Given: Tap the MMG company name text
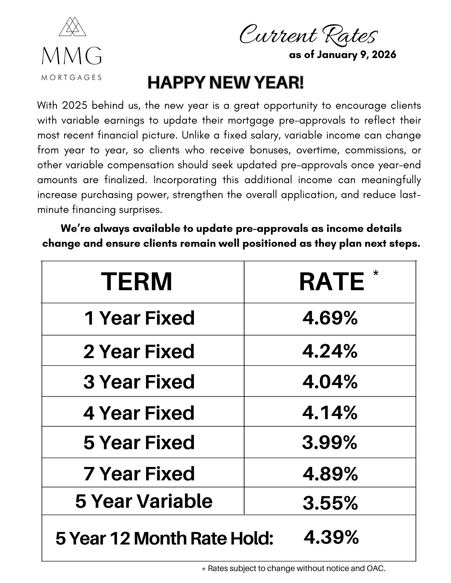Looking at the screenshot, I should click(72, 57).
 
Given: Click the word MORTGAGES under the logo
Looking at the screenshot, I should click(72, 78).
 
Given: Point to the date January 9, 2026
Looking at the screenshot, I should click(356, 55).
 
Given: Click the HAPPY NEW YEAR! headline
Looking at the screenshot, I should click(225, 83).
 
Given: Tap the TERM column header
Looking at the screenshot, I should click(136, 281).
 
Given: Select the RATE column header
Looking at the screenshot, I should click(332, 281).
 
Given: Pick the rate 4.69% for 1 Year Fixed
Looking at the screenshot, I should click(330, 318).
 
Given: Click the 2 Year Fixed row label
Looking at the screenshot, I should click(139, 351).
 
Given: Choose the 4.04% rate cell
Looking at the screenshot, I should click(330, 382).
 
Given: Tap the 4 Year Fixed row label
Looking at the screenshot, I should click(139, 413).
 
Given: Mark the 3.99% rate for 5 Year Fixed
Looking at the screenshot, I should click(330, 442).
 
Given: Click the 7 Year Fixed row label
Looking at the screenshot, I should click(139, 473).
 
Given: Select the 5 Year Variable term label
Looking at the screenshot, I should click(144, 501).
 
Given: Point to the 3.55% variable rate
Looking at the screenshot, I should click(330, 503).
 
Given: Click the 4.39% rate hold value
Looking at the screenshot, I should click(331, 537).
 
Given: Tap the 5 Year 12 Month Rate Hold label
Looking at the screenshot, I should click(164, 538).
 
